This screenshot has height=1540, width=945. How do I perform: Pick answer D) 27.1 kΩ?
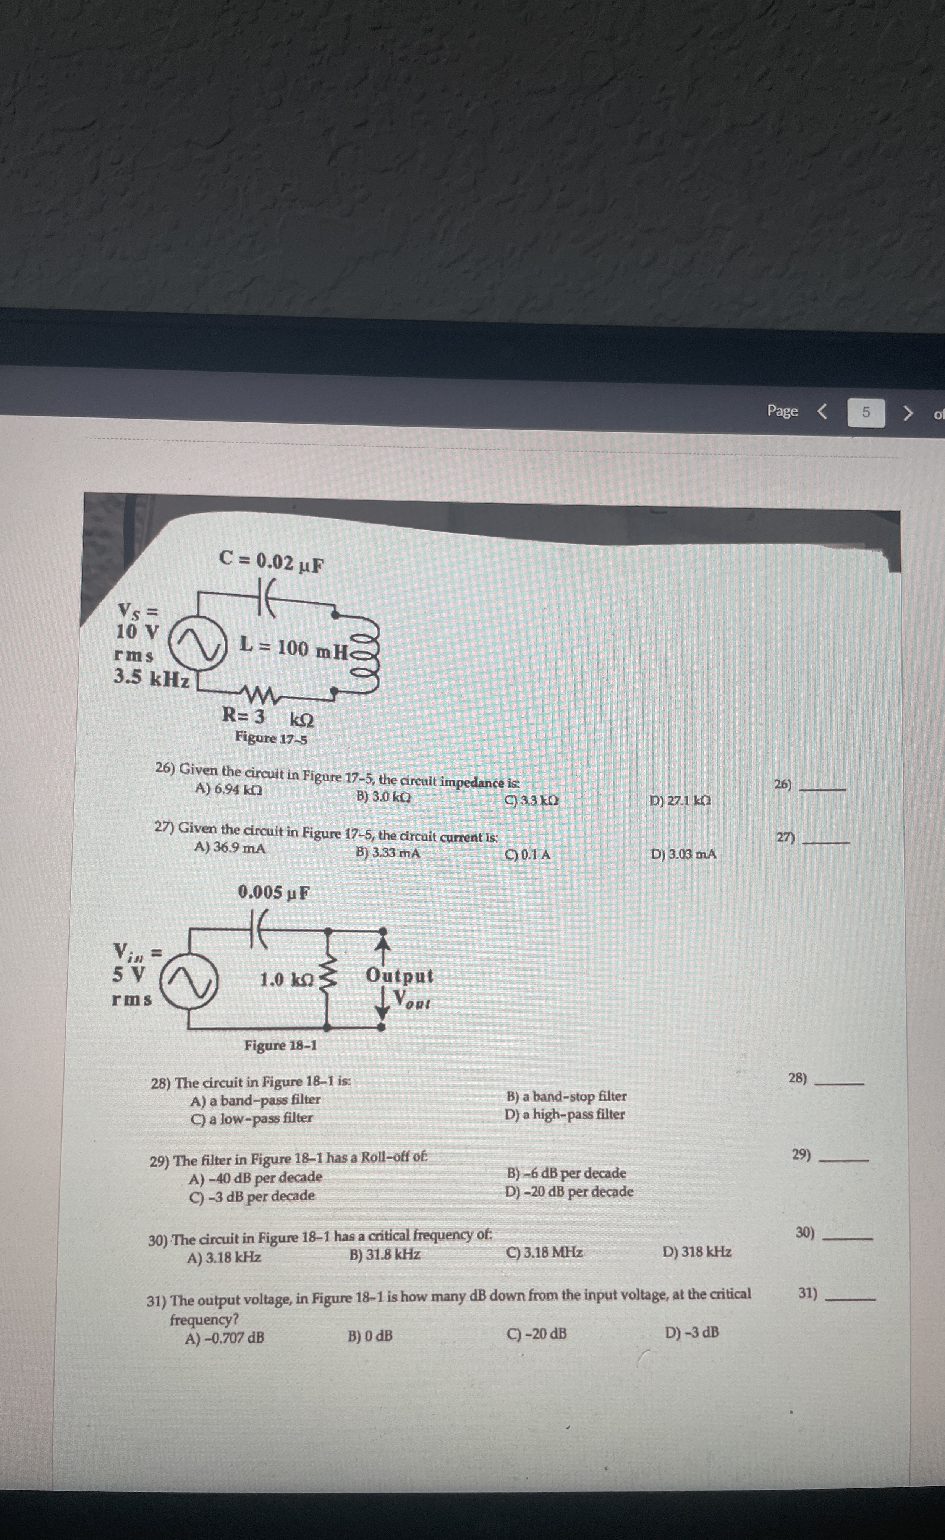click(x=680, y=801)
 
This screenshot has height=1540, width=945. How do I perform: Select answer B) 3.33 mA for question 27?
click(x=387, y=852)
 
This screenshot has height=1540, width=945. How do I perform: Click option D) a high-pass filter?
click(x=565, y=1115)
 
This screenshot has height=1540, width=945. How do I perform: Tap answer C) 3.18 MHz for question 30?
click(x=544, y=1252)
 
